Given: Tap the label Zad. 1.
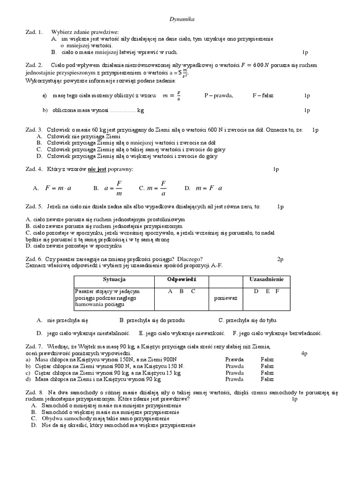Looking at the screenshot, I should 34,32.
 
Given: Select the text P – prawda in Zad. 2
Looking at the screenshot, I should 218,96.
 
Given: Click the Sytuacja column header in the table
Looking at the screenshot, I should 114,280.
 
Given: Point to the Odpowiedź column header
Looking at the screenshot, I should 181,280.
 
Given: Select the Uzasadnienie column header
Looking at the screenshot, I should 266,280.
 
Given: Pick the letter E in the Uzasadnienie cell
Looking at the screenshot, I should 267,291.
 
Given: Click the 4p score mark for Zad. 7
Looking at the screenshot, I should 304,353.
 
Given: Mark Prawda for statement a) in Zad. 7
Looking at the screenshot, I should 234,360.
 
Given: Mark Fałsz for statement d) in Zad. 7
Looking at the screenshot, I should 267,379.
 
